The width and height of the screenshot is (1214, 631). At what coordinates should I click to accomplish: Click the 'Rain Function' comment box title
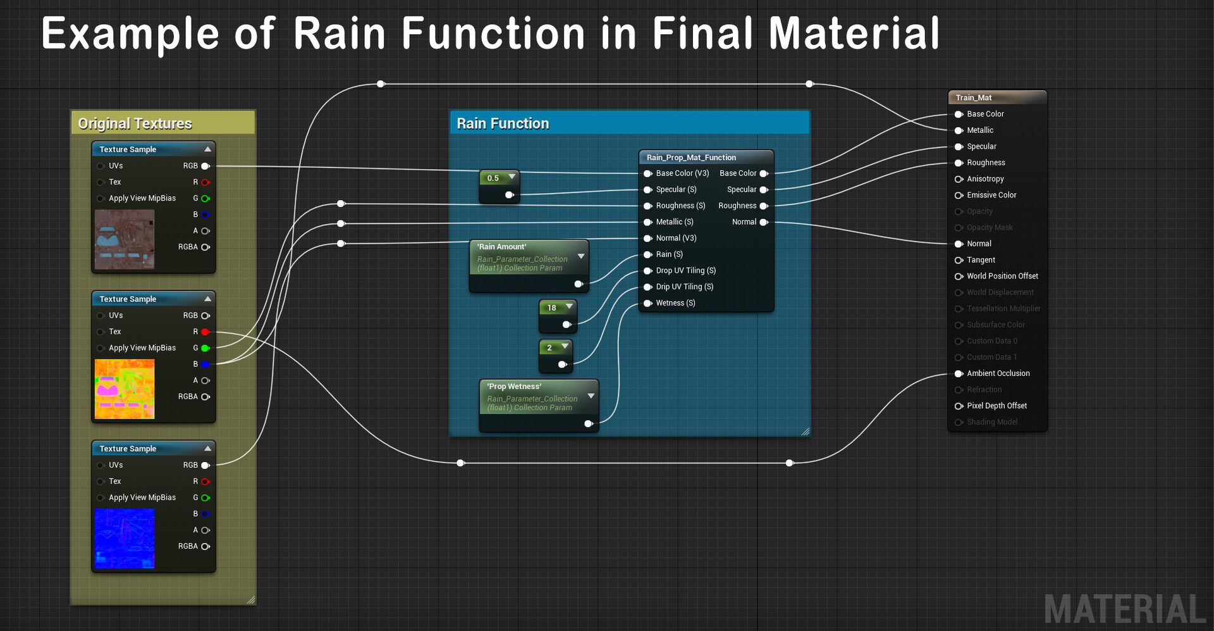(x=503, y=123)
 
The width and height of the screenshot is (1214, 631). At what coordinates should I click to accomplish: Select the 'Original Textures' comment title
(x=135, y=123)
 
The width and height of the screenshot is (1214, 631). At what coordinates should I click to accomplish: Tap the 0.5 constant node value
(x=493, y=178)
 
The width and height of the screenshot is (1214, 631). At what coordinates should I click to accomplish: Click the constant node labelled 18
(x=552, y=308)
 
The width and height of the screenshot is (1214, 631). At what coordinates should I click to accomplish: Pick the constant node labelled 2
(x=549, y=347)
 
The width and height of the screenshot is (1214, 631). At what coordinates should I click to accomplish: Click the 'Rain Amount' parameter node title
(x=501, y=247)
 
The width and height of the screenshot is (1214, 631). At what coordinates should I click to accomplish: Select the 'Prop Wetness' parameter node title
(x=514, y=387)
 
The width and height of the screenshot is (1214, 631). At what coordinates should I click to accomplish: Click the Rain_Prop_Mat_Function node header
(x=691, y=158)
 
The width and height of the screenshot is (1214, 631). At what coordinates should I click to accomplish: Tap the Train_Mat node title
(x=974, y=97)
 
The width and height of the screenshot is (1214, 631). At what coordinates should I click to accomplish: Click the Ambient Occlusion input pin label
(x=998, y=373)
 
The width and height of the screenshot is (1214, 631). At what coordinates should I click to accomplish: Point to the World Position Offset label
(x=1002, y=276)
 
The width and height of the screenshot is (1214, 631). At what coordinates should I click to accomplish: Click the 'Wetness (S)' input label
(x=675, y=303)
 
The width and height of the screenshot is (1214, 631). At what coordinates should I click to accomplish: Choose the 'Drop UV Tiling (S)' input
(x=685, y=270)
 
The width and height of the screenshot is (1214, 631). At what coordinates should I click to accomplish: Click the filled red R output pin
(x=205, y=332)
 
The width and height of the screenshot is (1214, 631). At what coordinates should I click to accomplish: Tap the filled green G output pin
(x=205, y=348)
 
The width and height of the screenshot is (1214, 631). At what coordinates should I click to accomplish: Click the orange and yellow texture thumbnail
(x=125, y=389)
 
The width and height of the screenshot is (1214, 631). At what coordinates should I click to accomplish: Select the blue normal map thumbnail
(x=125, y=538)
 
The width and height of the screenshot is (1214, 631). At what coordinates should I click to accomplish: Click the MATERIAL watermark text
(x=1125, y=609)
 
